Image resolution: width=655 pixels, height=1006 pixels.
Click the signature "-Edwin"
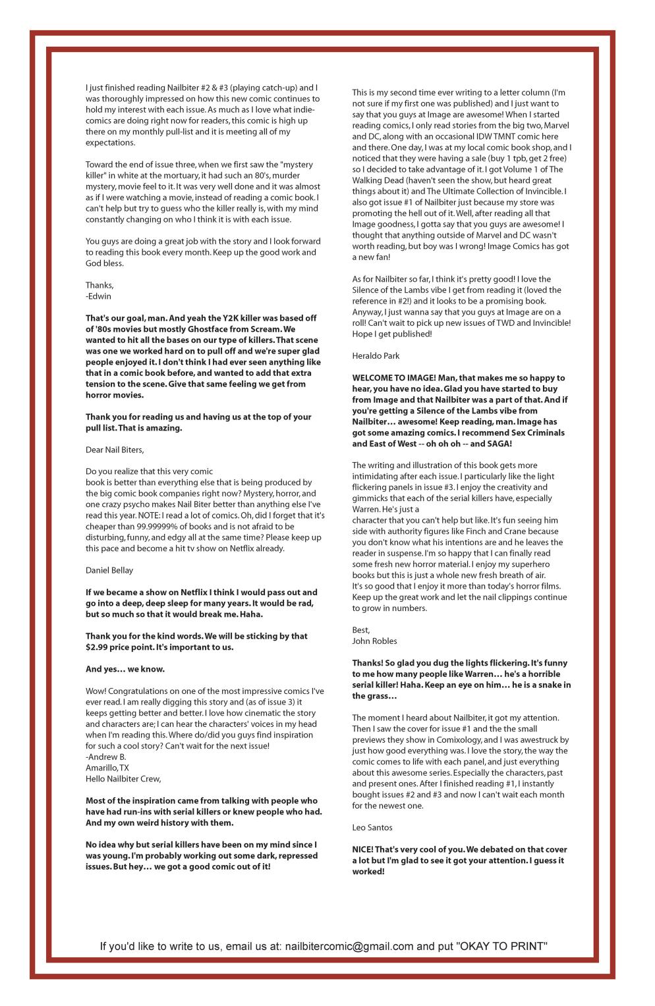[x=98, y=296]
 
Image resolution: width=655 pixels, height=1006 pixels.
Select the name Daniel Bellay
[x=109, y=570]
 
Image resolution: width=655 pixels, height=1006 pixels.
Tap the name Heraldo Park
[x=376, y=356]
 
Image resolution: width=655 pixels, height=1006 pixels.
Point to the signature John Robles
[x=374, y=641]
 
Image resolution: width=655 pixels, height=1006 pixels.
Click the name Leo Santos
[x=372, y=827]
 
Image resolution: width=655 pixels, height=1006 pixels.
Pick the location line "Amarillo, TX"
[x=107, y=768]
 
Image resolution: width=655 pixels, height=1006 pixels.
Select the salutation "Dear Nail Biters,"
[x=115, y=450]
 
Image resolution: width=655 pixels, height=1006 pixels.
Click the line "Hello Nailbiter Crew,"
[x=123, y=779]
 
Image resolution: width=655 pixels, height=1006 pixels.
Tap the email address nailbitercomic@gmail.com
[x=349, y=946]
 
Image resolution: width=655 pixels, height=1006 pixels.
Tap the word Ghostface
[x=212, y=329]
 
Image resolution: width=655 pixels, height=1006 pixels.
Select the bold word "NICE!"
[x=364, y=849]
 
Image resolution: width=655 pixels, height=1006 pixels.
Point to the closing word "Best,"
[x=361, y=630]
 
